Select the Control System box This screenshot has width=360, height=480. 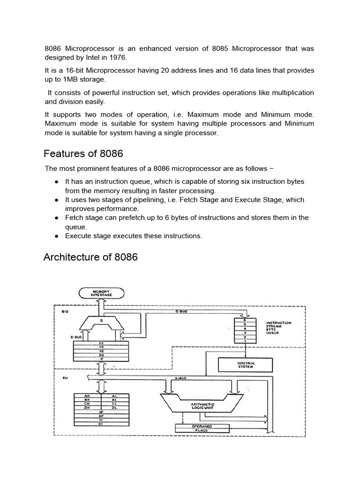coord(246,365)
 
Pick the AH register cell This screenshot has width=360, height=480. coord(87,396)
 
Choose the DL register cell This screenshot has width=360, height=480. coord(114,408)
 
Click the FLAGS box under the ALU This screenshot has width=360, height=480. coord(202,430)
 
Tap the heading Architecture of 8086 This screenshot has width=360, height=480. coord(90,257)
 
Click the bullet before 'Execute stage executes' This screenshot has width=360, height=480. coord(56,236)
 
